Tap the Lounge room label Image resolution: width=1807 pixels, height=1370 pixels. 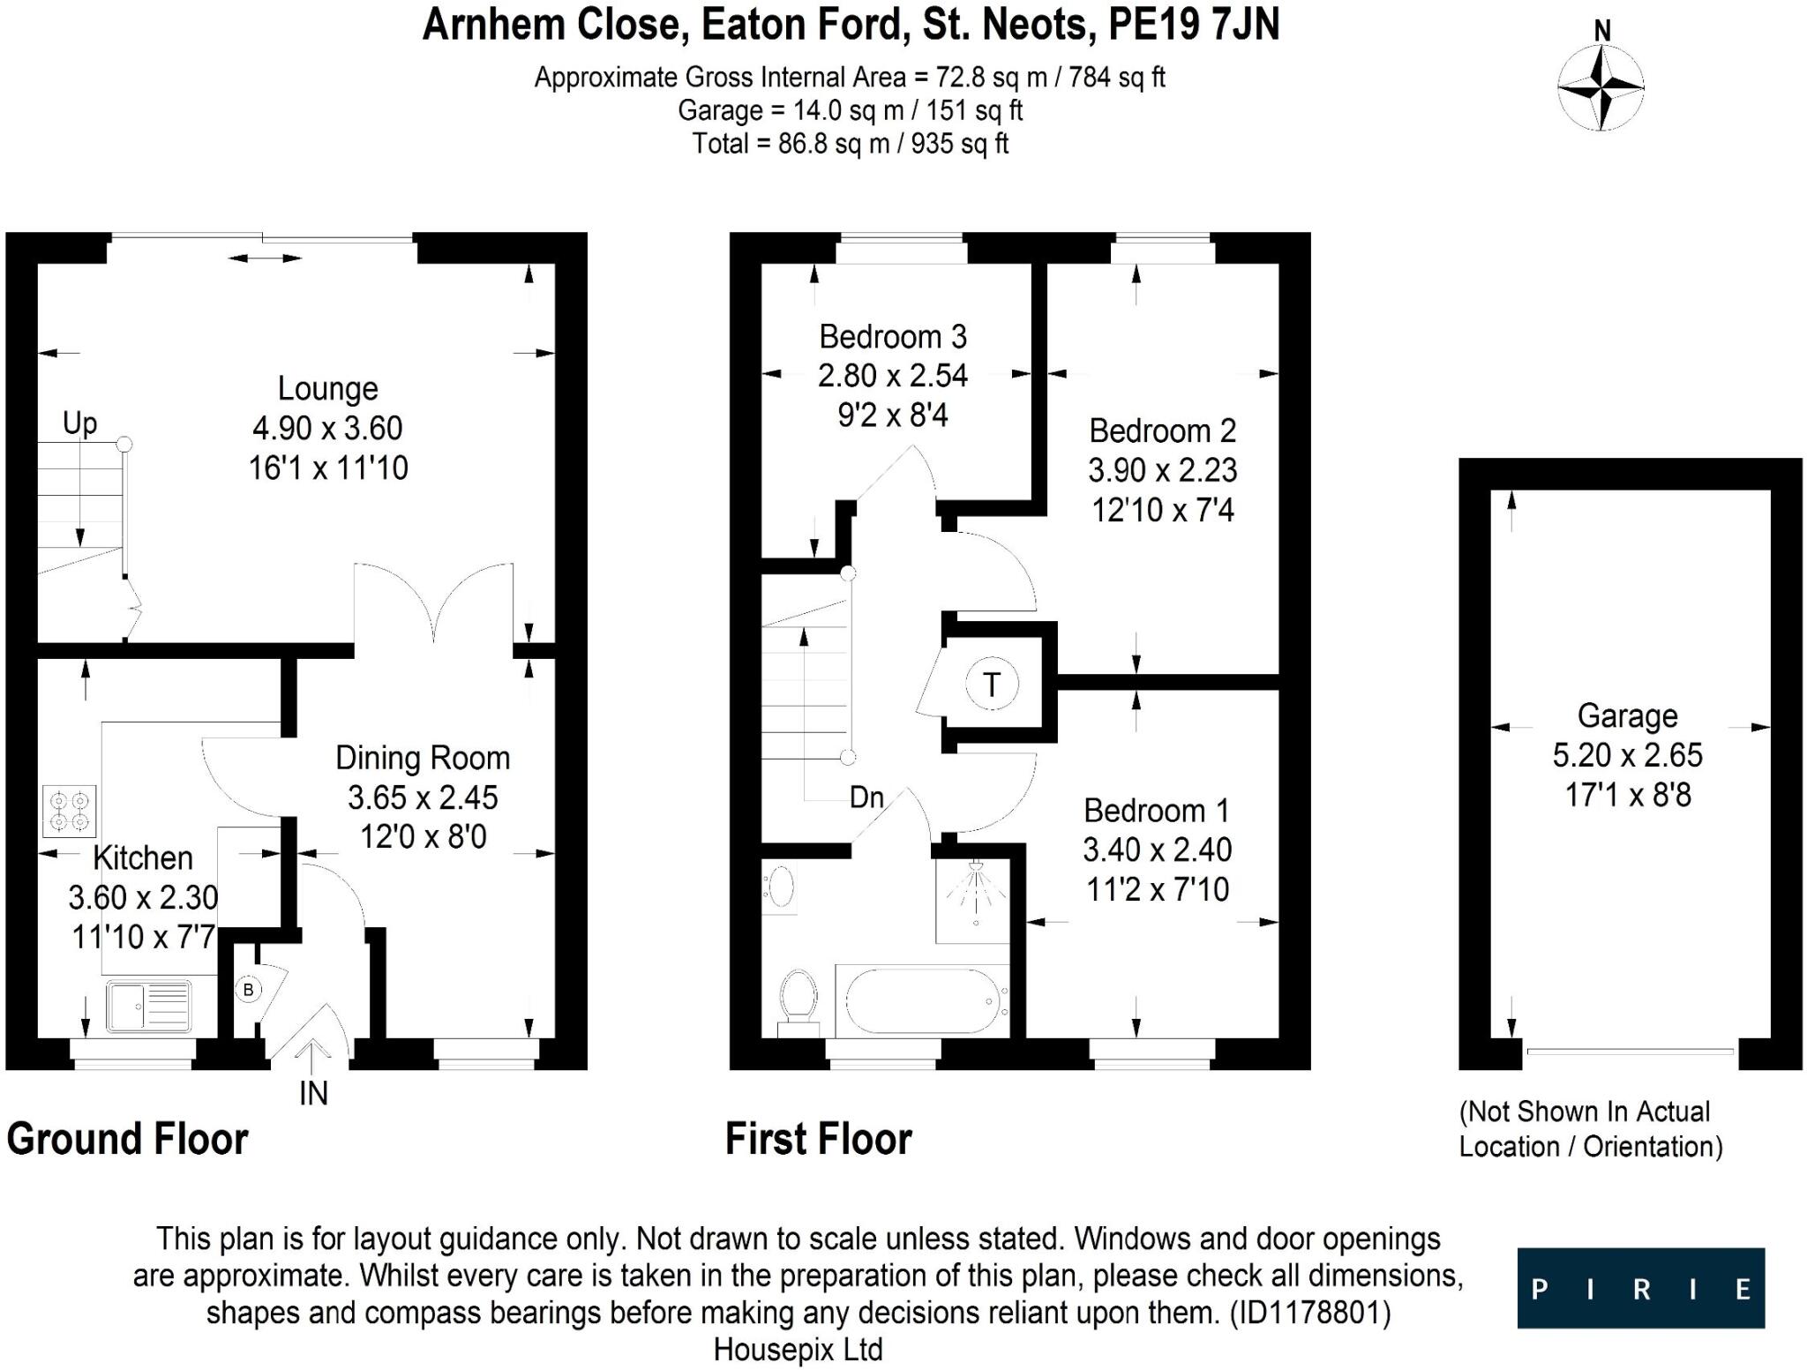tap(328, 389)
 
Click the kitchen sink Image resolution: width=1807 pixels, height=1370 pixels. tap(149, 1007)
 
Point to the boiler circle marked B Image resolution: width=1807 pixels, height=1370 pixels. tap(248, 990)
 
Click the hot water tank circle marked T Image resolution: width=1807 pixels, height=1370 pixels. tap(992, 685)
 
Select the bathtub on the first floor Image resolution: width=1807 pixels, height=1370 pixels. tap(923, 1001)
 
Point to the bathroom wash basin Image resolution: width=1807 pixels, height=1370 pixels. tap(780, 887)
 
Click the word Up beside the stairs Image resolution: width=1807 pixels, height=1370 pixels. tap(79, 424)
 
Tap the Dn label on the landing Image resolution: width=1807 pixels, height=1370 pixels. tap(866, 797)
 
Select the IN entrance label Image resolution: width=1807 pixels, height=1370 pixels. tap(314, 1094)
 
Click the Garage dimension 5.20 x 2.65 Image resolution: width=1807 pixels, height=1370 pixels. tap(1628, 755)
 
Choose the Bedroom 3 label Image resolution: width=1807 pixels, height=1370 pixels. tap(893, 337)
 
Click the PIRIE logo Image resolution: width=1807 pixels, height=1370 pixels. tap(1641, 1288)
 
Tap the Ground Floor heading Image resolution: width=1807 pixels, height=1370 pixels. tap(128, 1139)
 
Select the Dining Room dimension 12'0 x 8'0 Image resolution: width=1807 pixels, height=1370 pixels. tap(424, 836)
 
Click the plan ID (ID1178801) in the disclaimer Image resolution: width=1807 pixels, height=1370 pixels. tap(1310, 1314)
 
